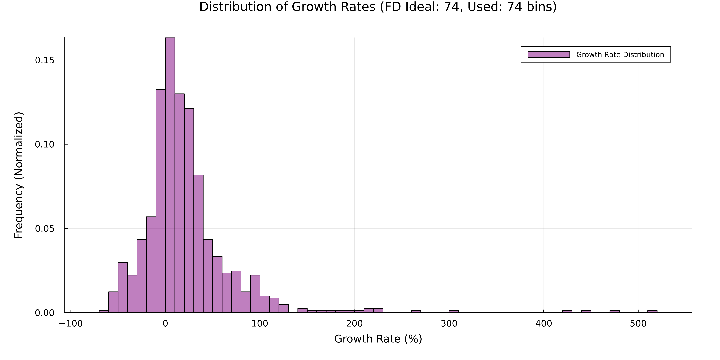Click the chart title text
coord(378,7)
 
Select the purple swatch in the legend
coord(548,55)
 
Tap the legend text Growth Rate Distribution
coord(620,55)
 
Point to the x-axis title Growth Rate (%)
coord(378,339)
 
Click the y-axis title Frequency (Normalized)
coord(19,175)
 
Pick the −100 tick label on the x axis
coord(71,324)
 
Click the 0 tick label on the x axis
coord(165,324)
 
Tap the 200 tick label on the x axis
coord(354,324)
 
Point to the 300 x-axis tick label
coord(449,324)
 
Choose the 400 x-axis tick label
coord(543,324)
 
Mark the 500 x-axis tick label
coord(638,324)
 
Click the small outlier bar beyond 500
coord(652,311)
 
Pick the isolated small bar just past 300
coord(454,311)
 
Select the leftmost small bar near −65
coord(104,311)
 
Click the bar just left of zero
coord(160,201)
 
